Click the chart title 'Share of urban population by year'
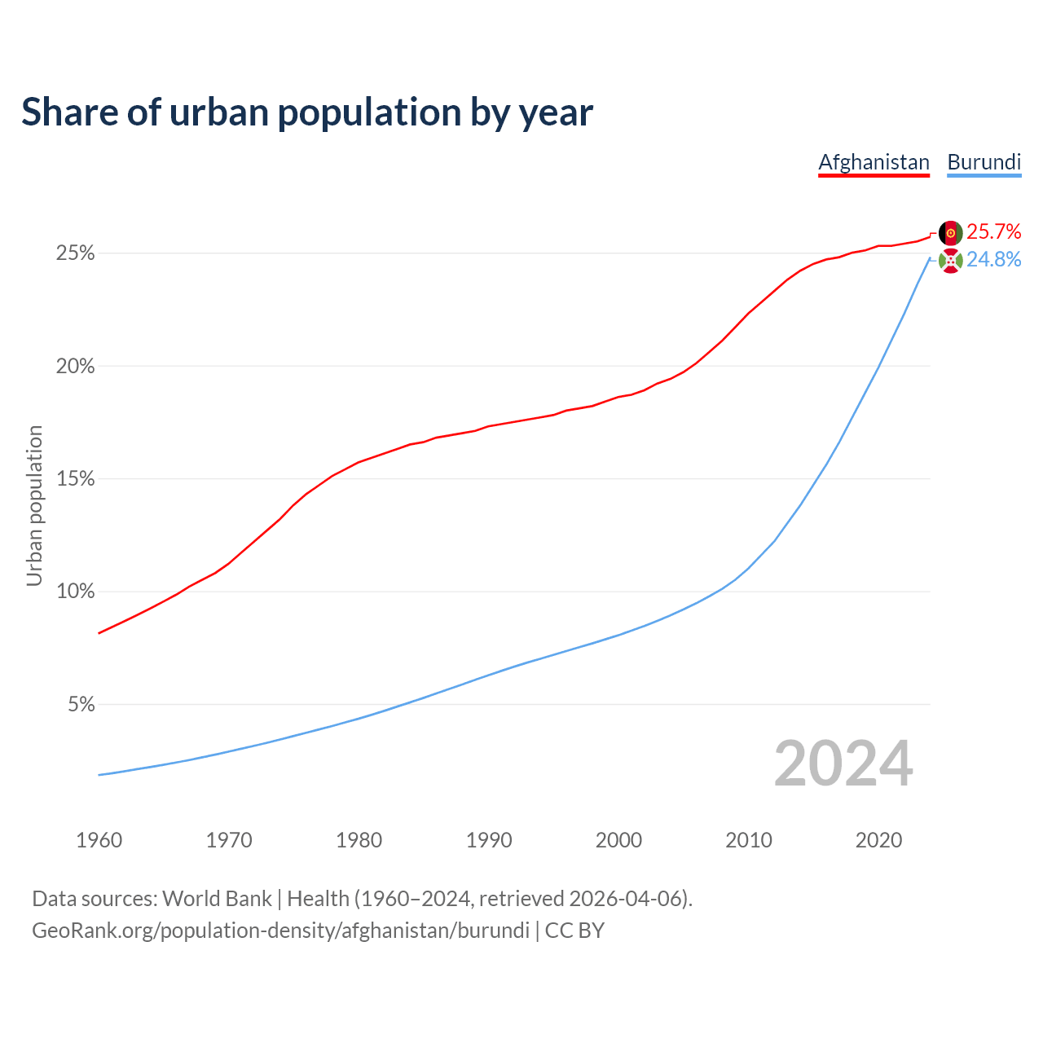307,112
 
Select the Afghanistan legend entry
874,162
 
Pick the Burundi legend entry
984,162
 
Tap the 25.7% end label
993,232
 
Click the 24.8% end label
993,260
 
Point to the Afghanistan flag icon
950,233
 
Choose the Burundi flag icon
950,261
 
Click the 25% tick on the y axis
75,253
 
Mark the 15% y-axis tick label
75,479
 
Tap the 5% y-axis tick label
81,704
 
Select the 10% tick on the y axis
75,592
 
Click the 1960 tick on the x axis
99,840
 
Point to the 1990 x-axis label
489,840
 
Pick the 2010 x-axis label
749,840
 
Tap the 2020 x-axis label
878,840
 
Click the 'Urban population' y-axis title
34,505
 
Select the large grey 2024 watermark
843,764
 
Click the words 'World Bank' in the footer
217,899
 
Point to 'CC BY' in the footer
574,931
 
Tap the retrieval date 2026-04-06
625,899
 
